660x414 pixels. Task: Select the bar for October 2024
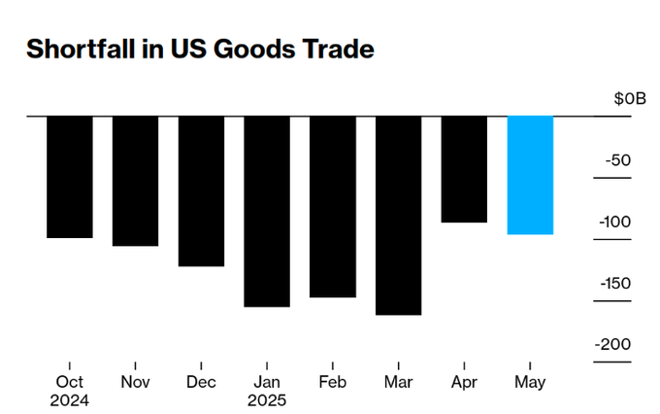pos(69,177)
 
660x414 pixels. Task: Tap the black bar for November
pos(135,181)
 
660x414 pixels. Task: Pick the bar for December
pos(201,191)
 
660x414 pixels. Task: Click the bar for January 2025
pos(267,212)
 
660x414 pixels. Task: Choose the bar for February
pos(333,207)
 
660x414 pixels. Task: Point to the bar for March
pos(399,216)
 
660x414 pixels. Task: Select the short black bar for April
pos(464,169)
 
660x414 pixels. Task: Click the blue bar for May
pos(530,175)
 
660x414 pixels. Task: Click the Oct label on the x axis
pos(69,382)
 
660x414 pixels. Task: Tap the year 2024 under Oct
pos(69,399)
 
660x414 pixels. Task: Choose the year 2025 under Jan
pos(267,399)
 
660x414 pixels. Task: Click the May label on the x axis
pos(530,382)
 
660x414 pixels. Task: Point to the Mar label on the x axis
pos(399,382)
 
